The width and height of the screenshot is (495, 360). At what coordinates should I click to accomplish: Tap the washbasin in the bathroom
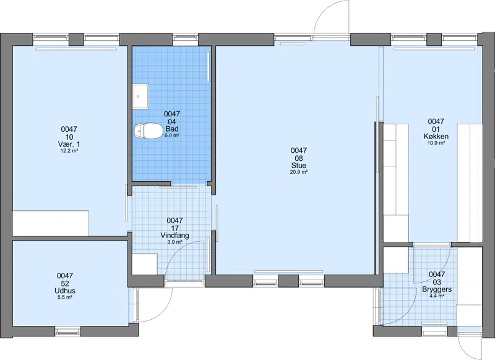click(x=141, y=96)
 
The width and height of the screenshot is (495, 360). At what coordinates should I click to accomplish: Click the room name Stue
click(x=299, y=166)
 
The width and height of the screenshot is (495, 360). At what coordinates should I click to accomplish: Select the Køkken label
click(x=436, y=136)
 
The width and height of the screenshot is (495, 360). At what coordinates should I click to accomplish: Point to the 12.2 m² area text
click(x=69, y=151)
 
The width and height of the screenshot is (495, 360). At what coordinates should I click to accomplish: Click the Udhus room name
click(x=65, y=291)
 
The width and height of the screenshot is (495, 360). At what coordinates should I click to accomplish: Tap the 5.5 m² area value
click(x=65, y=297)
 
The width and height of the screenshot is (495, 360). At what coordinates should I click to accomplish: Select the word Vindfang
click(x=174, y=236)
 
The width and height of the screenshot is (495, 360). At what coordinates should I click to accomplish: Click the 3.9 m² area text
click(x=174, y=242)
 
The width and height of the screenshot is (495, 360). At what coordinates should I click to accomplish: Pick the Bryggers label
click(x=437, y=289)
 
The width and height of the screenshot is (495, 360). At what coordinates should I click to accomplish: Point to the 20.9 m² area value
click(x=299, y=173)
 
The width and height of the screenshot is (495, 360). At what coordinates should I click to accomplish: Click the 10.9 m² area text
click(x=436, y=143)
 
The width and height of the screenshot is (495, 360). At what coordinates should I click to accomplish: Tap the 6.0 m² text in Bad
click(x=172, y=135)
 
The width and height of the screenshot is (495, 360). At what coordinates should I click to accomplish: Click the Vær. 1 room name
click(x=69, y=144)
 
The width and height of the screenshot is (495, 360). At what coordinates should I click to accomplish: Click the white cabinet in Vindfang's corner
click(x=145, y=264)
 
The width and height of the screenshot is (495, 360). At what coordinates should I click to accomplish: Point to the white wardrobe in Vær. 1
click(x=51, y=223)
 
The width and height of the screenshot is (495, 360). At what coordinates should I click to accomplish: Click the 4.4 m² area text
click(x=437, y=296)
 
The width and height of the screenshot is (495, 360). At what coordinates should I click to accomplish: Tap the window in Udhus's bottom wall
click(x=68, y=332)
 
